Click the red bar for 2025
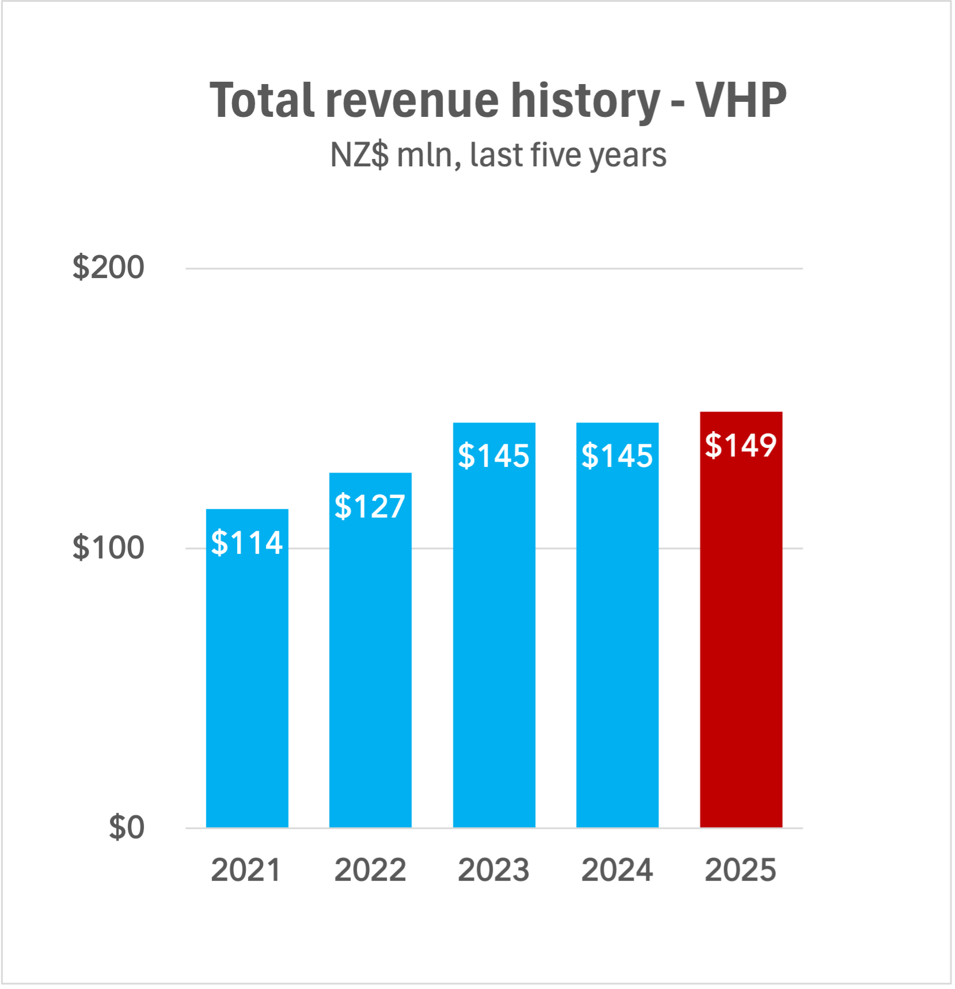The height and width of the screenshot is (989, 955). [x=741, y=633]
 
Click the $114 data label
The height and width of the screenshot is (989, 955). [x=247, y=543]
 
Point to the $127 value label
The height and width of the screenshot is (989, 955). [x=370, y=507]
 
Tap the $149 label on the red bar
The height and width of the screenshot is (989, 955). [x=741, y=446]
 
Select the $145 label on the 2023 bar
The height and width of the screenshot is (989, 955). [x=494, y=456]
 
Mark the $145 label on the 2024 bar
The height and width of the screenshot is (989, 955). [x=617, y=456]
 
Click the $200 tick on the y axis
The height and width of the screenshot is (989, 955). [x=108, y=268]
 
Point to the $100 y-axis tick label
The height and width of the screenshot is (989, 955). [x=108, y=547]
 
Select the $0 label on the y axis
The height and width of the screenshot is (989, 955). [x=127, y=828]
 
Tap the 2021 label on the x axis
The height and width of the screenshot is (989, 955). [x=246, y=870]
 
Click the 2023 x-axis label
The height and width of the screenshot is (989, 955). [x=494, y=870]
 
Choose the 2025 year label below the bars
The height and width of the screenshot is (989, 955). [x=741, y=870]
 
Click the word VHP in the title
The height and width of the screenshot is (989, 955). [x=741, y=101]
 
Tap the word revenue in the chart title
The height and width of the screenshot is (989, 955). [x=412, y=101]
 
